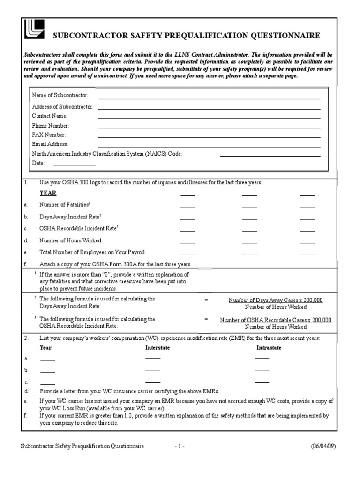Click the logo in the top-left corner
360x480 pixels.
(x=34, y=30)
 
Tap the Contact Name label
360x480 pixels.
(x=50, y=116)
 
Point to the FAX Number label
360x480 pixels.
(x=49, y=135)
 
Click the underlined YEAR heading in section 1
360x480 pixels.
(x=48, y=193)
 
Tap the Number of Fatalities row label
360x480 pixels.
(x=65, y=205)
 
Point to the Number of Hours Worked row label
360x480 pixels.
(x=70, y=240)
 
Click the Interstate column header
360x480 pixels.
(x=157, y=348)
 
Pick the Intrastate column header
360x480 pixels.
(x=269, y=348)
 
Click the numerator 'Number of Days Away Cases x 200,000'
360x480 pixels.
(x=276, y=300)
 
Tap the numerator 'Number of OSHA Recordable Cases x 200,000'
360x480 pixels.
(x=276, y=320)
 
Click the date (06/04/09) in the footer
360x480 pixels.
(x=324, y=446)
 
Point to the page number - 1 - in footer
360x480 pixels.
(x=180, y=446)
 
